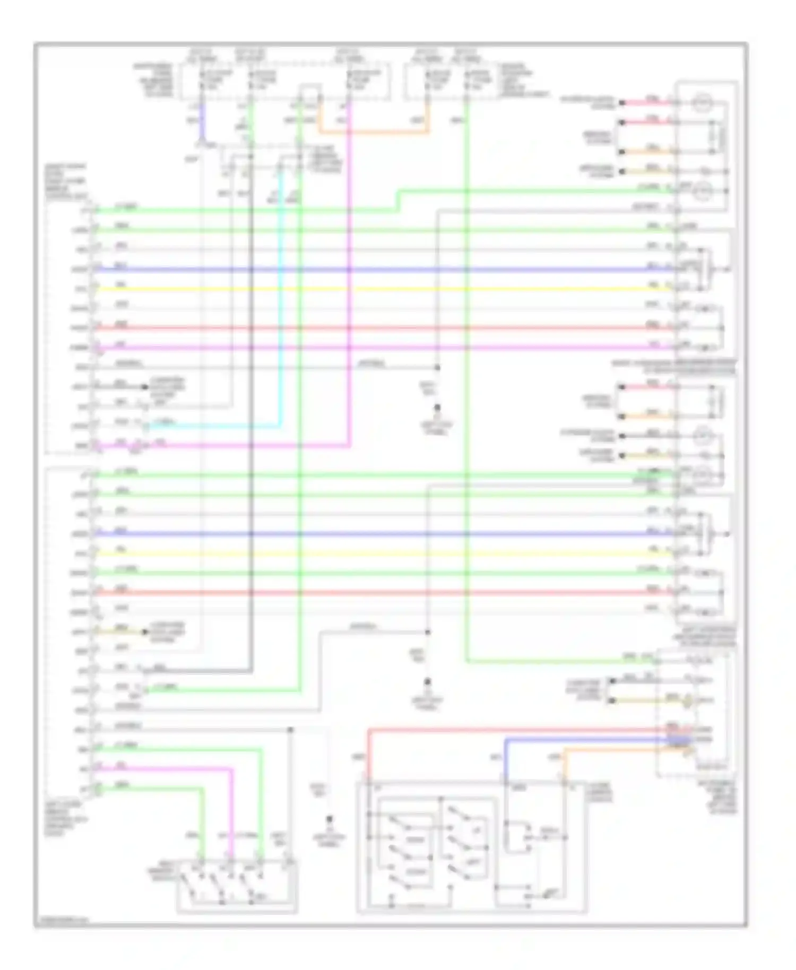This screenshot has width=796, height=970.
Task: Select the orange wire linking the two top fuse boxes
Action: (x=371, y=132)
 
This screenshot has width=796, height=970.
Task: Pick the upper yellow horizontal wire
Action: (x=371, y=289)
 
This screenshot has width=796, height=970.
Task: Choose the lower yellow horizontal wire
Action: (x=371, y=553)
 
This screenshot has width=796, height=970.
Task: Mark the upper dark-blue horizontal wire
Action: (x=371, y=270)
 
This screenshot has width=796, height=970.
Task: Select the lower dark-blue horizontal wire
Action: (x=371, y=534)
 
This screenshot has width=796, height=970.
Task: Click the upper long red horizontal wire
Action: (x=371, y=328)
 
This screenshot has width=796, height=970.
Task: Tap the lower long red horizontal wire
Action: (x=371, y=593)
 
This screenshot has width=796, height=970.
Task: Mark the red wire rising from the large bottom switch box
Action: (x=368, y=754)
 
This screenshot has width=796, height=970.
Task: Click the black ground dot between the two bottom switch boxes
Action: (x=330, y=819)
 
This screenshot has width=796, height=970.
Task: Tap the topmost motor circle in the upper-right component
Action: (x=703, y=101)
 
